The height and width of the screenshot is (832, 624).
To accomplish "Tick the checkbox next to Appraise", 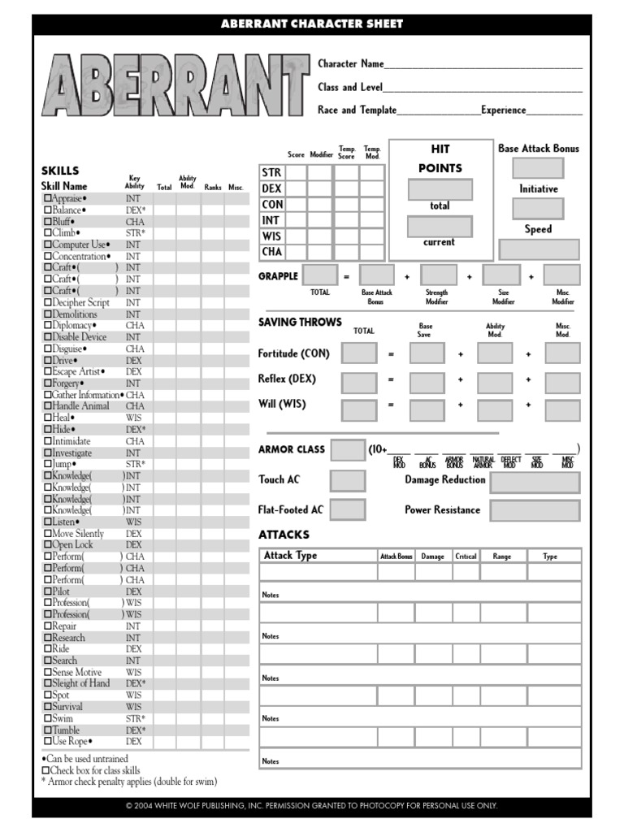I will (46, 198).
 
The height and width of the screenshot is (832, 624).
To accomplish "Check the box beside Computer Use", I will (46, 245).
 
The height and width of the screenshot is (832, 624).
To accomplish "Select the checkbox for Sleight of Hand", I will (46, 684).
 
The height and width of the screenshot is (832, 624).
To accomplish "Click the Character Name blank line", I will (483, 65).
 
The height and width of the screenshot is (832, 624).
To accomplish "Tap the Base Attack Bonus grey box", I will (537, 168).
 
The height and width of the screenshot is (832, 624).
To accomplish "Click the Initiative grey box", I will (537, 209).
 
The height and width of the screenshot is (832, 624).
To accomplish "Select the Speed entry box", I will (539, 249).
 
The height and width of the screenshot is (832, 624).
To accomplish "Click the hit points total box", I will (440, 189).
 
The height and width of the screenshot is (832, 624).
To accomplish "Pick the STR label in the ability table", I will (271, 172).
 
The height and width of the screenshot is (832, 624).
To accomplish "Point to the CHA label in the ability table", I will (271, 252).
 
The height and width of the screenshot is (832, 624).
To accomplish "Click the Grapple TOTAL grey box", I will (319, 275).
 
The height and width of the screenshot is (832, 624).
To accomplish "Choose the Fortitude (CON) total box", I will (359, 353).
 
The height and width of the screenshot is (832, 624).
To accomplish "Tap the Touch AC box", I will (348, 480).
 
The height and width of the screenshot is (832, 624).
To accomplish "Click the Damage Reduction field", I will (535, 483).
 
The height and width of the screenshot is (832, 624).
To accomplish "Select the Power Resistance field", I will (535, 511).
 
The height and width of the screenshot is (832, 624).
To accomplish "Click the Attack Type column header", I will (290, 556).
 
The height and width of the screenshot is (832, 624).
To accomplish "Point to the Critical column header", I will (466, 557).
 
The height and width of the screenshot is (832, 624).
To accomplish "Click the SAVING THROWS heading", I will (300, 323).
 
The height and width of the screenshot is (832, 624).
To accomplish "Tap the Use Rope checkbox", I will (46, 742).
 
